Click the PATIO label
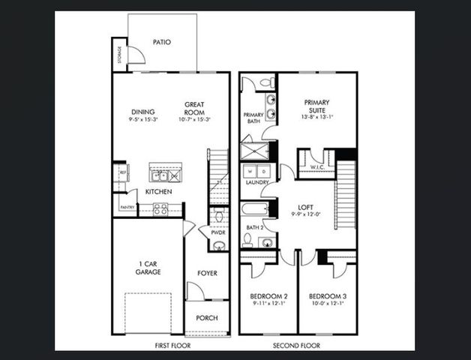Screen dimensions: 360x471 pos(161,42)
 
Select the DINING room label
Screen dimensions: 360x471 pos(142,112)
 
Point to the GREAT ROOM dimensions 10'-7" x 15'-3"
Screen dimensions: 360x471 pos(195,119)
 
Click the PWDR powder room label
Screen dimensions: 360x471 pos(217,232)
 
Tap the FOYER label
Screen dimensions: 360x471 pos(207,273)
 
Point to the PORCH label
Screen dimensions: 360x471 pos(207,318)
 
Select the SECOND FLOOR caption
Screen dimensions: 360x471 pos(297,346)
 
